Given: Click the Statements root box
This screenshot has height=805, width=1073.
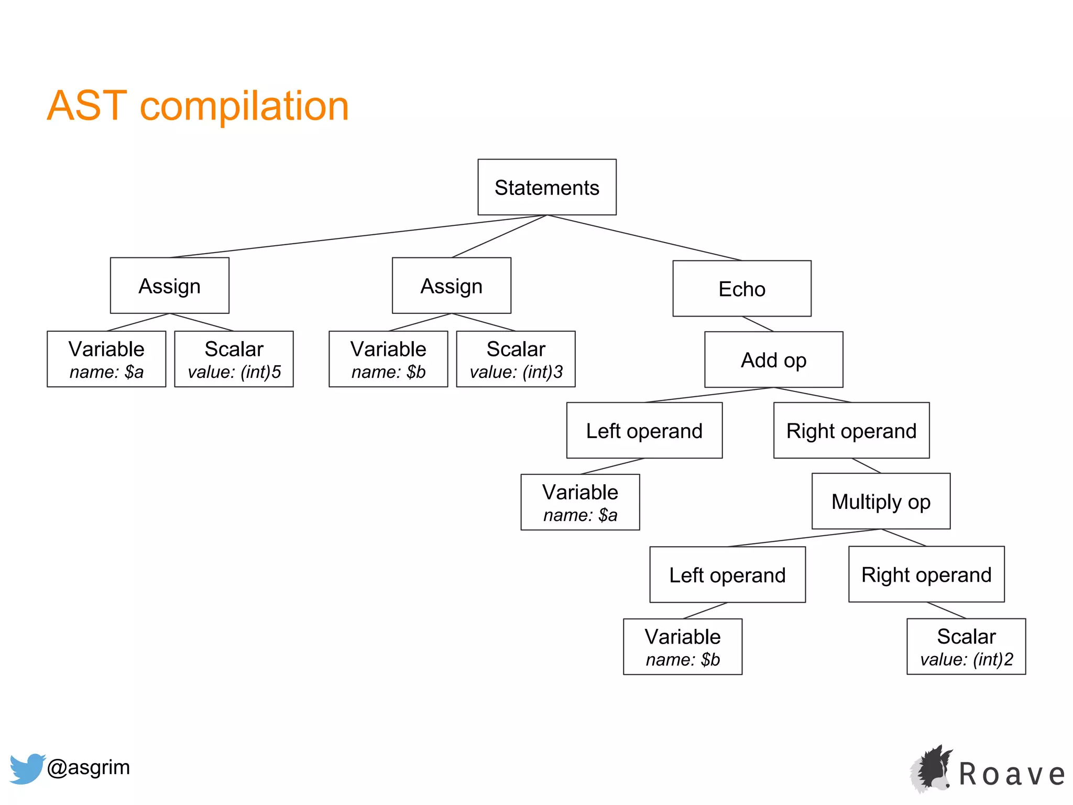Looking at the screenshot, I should (546, 187).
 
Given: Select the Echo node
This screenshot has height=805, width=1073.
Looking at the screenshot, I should (741, 289).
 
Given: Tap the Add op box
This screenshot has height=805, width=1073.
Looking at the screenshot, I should (773, 360).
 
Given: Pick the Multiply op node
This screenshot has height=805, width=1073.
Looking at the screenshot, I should (881, 502).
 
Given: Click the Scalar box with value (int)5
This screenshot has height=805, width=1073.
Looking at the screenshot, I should (234, 359).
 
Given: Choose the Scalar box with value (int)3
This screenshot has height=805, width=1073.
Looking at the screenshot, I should (516, 359).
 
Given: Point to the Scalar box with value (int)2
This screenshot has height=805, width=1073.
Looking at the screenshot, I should (966, 647).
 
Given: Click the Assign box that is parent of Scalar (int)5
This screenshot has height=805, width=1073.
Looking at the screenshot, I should (169, 286).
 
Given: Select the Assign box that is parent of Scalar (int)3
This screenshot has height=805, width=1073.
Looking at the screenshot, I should (451, 286).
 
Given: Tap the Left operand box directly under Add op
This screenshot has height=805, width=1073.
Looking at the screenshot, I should (644, 430).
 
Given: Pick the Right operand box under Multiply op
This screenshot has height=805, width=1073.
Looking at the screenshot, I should (926, 574).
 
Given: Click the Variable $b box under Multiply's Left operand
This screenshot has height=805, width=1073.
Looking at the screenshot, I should (682, 647).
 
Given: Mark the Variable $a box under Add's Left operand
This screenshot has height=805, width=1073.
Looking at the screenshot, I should (580, 502).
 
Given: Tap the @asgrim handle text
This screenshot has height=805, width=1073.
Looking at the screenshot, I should (88, 767).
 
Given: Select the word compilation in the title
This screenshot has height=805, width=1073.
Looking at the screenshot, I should (244, 106).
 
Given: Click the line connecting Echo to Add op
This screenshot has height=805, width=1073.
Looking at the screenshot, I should (758, 324).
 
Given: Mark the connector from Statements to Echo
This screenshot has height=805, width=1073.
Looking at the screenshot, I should (644, 238).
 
